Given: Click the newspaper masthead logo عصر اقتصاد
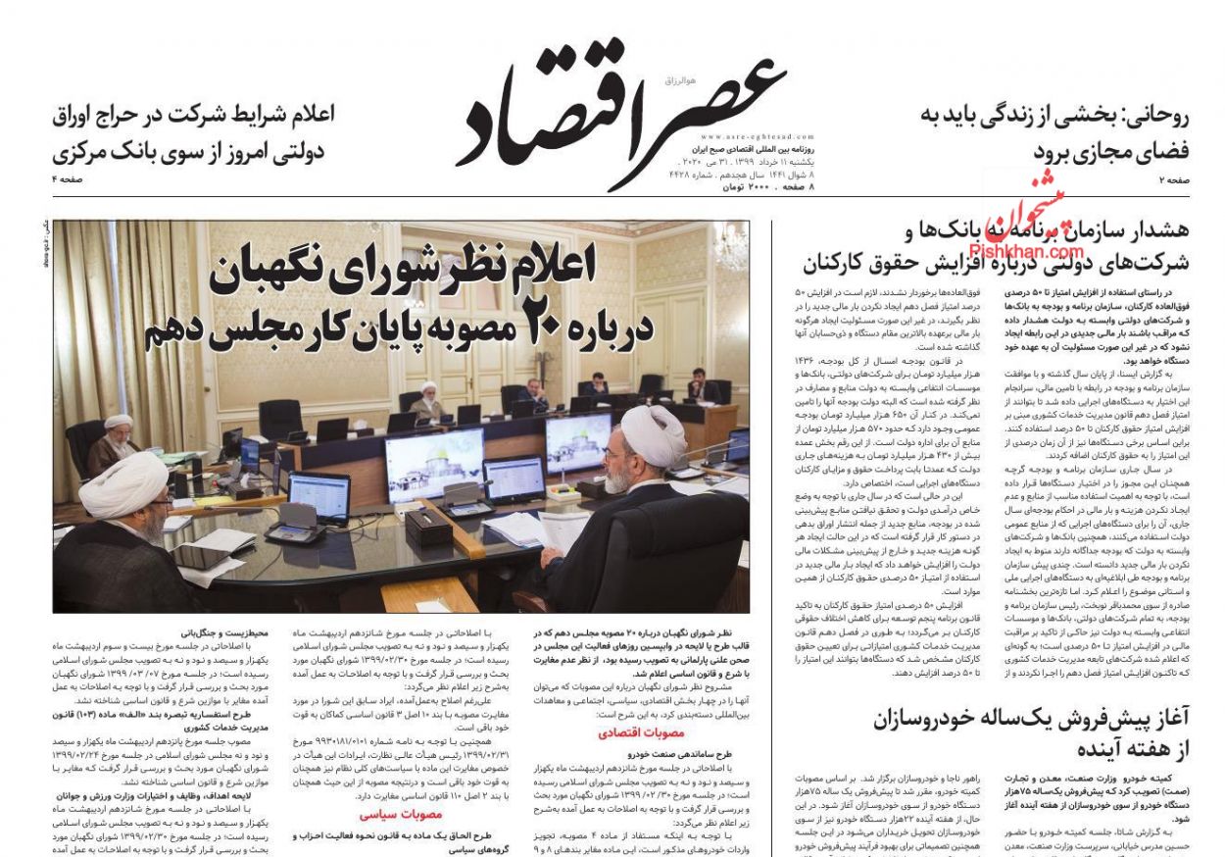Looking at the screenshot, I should point(619,108).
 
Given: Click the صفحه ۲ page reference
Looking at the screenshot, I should point(1173,179).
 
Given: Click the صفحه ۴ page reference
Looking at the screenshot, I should point(70,179).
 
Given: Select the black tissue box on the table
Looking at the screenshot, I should point(428,527).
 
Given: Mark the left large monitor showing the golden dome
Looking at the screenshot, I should point(434,463).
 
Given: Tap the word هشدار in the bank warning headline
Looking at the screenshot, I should point(1156,231).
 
